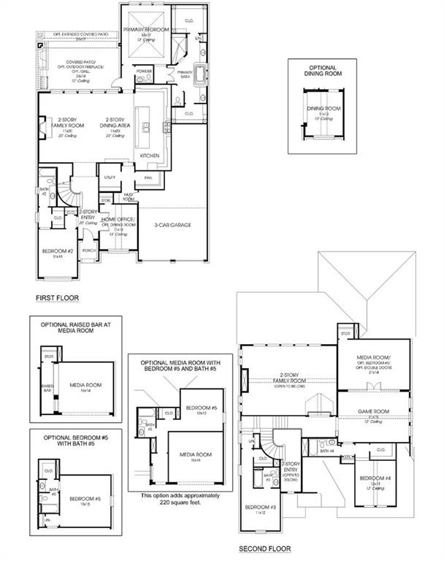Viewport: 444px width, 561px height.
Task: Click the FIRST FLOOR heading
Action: coord(57,298)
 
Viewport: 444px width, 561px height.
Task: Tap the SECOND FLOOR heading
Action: coord(264,549)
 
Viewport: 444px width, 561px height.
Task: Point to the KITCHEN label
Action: coord(150,156)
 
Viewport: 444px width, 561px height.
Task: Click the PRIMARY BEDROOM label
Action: coord(145,29)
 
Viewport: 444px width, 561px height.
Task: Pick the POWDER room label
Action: coord(143,71)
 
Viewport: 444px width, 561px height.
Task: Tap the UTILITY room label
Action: coord(110,177)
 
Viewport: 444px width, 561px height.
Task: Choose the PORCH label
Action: coord(90,249)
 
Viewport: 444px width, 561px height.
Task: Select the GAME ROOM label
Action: coord(372,412)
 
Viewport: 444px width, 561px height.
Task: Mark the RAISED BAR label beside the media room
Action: coord(47,387)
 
